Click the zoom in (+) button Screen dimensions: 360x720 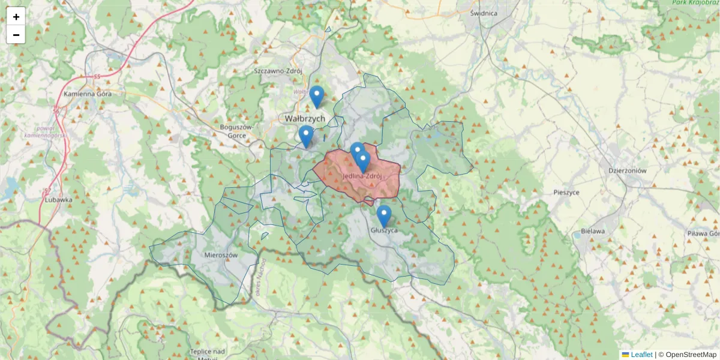tap(16, 17)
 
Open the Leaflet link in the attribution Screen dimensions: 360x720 tap(641, 355)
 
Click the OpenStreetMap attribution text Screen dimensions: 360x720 tap(691, 355)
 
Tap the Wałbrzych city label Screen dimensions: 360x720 tap(305, 118)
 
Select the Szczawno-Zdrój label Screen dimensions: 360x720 tap(278, 71)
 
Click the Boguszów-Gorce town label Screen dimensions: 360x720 tap(238, 131)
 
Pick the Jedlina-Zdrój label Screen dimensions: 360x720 tap(362, 176)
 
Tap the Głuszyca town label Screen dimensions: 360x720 tap(384, 230)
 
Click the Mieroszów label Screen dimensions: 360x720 tap(221, 255)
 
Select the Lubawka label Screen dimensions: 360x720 tap(58, 200)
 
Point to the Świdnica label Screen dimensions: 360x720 tap(484, 13)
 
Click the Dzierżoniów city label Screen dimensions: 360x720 tap(626, 170)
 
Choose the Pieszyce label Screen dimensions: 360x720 tap(566, 192)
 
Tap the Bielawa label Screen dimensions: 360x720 tap(593, 231)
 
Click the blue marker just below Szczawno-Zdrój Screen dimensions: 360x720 tap(317, 97)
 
